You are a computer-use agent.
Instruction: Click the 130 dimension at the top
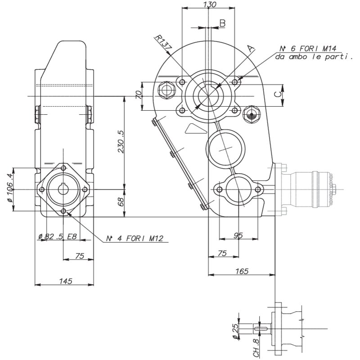[210, 4]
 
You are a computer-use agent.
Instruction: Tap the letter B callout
[222, 22]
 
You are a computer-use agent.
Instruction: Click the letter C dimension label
[278, 94]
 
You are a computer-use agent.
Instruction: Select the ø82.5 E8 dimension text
[57, 237]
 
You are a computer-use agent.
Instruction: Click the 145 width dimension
[66, 281]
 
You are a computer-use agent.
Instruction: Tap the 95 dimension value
[238, 234]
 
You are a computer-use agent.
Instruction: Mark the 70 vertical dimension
[139, 94]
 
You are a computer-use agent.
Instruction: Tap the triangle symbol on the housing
[194, 130]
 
